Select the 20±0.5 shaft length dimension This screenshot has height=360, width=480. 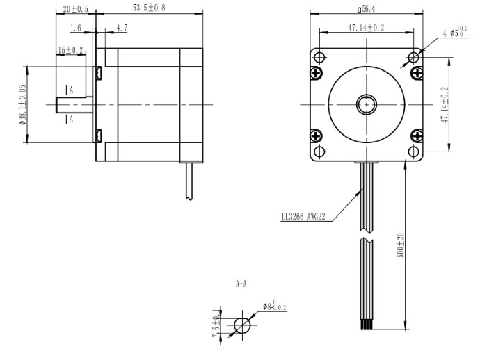[75, 8]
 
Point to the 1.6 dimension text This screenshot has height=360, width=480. [77, 28]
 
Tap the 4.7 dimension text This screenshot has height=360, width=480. [121, 28]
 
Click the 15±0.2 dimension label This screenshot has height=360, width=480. [70, 50]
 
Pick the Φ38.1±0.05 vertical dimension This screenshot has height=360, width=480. [22, 104]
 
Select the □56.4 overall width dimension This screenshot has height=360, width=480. [366, 9]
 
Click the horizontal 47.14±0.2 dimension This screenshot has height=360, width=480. [366, 28]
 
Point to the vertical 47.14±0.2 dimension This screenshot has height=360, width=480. [446, 104]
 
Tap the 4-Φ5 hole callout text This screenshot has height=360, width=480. [454, 32]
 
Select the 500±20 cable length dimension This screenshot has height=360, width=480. [399, 245]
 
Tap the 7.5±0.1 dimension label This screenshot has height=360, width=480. [218, 325]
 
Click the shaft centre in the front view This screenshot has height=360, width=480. [366, 104]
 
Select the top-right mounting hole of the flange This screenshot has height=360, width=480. [414, 56]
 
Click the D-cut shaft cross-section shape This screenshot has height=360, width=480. [242, 325]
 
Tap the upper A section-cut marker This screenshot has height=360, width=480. [68, 90]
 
